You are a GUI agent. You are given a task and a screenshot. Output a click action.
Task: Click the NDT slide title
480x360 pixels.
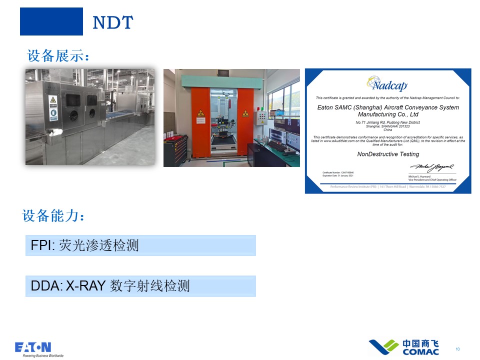tap(113, 22)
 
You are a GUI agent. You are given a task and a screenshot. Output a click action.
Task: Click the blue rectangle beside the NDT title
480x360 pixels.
tap(51, 21)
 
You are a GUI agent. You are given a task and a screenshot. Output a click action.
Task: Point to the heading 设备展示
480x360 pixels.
tap(58, 55)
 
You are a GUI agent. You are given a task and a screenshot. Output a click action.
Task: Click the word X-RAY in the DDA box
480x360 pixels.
tap(85, 286)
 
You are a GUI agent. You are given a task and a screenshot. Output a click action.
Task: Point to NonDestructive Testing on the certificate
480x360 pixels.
tap(388, 154)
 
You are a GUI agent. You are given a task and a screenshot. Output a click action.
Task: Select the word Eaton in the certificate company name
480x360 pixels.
tap(326, 107)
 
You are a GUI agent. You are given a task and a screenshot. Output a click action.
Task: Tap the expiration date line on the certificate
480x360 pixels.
tap(341, 175)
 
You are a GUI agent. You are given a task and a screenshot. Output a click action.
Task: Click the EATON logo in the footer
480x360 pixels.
tap(33, 347)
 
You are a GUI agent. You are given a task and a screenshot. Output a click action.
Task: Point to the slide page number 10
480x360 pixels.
tap(457, 349)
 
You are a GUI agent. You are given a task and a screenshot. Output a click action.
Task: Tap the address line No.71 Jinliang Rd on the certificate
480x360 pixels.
tap(388, 122)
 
